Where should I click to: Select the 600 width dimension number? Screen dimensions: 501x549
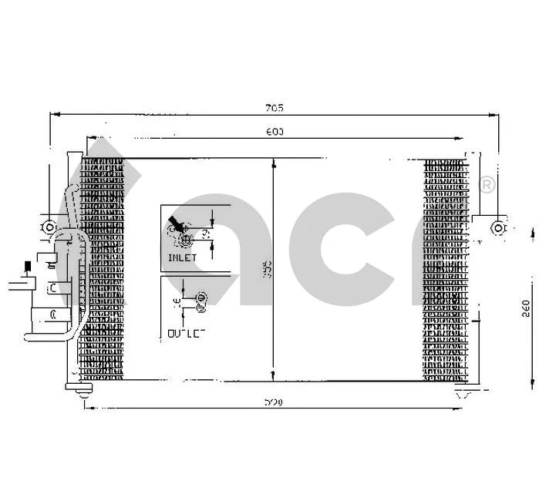tap(275, 132)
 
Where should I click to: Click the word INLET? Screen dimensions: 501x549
tap(182, 257)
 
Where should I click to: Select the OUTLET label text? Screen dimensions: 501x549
tap(186, 333)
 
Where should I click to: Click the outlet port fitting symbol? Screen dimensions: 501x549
tap(201, 298)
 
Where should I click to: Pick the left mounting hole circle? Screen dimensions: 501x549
tap(49, 227)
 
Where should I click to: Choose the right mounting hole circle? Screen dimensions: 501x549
tap(499, 227)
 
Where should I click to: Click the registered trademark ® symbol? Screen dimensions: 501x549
tap(487, 185)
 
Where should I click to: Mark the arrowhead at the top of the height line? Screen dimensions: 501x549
tap(274, 163)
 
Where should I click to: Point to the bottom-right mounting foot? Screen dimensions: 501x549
tap(464, 395)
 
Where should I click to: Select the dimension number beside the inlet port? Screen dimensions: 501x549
tap(206, 232)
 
